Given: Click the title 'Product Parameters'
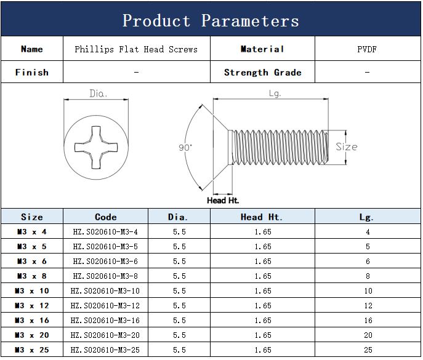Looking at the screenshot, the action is coord(211,20).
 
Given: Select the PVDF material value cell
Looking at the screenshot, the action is coord(367,49).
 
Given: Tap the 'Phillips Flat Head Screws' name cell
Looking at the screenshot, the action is coord(136,49).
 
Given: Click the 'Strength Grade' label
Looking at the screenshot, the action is coord(262,72).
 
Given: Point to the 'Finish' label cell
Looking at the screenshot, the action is coord(32,72).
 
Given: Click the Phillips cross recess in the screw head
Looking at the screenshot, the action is coord(96,147).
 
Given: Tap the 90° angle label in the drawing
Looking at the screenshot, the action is coord(185,148).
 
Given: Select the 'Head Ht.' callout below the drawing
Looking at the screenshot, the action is coord(223,201).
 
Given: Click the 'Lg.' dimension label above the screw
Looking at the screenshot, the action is coord(275,94).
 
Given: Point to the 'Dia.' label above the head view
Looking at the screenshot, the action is coord(98,94).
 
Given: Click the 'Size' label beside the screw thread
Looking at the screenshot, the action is coord(347,146).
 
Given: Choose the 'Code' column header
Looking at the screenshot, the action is coord(106,217).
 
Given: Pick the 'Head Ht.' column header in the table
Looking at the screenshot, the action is coord(262,217).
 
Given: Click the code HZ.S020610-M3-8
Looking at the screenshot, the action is coord(105,276).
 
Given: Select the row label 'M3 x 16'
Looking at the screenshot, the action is coord(32,321).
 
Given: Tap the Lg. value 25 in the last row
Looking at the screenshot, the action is coord(368,350).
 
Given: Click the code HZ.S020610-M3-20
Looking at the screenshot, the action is coord(105,335).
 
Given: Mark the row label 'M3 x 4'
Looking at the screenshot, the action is coord(32,231).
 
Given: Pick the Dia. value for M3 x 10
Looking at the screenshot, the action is coord(179,290).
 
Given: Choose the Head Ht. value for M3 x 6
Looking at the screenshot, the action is coord(263,262).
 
